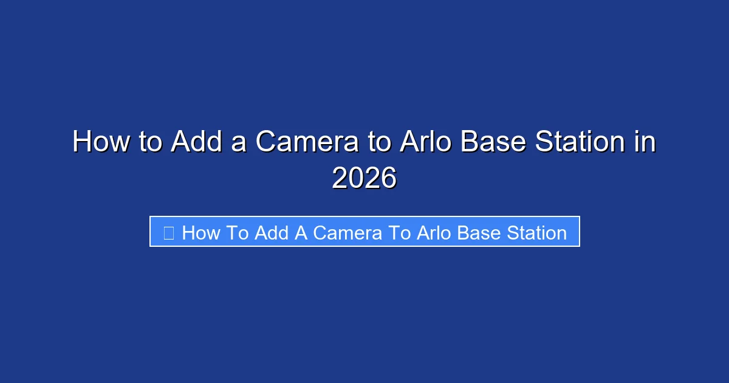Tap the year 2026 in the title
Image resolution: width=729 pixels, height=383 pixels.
364,179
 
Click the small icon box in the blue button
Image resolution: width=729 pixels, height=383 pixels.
169,232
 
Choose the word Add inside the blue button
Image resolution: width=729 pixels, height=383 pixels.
271,232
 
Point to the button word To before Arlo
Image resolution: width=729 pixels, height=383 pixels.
400,232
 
